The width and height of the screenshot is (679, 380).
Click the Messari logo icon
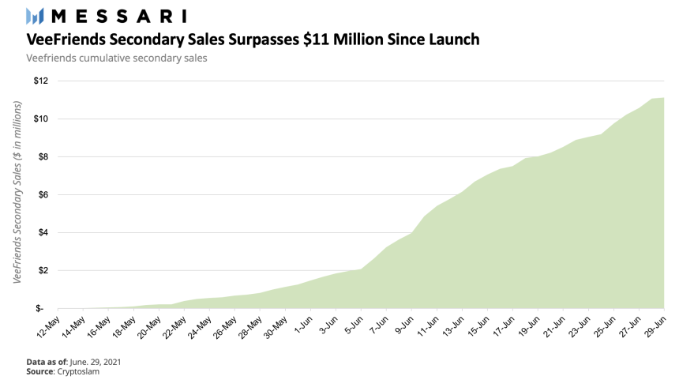pyautogui.click(x=35, y=16)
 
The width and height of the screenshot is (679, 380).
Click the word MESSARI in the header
pyautogui.click(x=118, y=16)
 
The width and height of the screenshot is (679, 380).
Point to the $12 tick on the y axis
pyautogui.click(x=42, y=81)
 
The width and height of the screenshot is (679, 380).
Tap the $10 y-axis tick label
pyautogui.click(x=42, y=119)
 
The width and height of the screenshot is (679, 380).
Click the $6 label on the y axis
pyautogui.click(x=43, y=194)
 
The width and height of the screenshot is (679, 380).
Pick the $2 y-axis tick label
pyautogui.click(x=43, y=270)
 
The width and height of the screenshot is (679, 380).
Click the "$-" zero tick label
pyautogui.click(x=43, y=308)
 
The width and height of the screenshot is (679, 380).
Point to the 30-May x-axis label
pyautogui.click(x=279, y=325)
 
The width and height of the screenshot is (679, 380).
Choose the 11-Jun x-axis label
pyautogui.click(x=431, y=325)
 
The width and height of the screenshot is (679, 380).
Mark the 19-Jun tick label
pyautogui.click(x=533, y=325)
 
